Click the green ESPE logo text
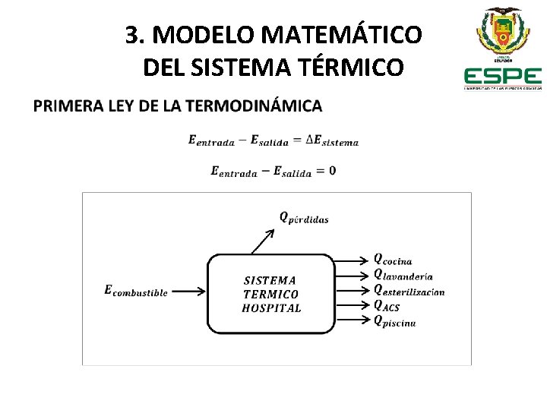(x=502, y=77)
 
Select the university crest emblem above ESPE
(x=503, y=30)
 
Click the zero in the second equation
(x=332, y=171)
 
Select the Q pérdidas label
(x=304, y=218)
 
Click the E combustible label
(x=135, y=291)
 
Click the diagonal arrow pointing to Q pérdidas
(x=262, y=241)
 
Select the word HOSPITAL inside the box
(x=271, y=308)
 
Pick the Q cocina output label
(x=393, y=260)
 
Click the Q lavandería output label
(x=403, y=275)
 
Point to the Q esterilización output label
(x=409, y=290)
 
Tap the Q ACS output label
(x=387, y=306)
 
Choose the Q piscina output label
(x=394, y=321)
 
